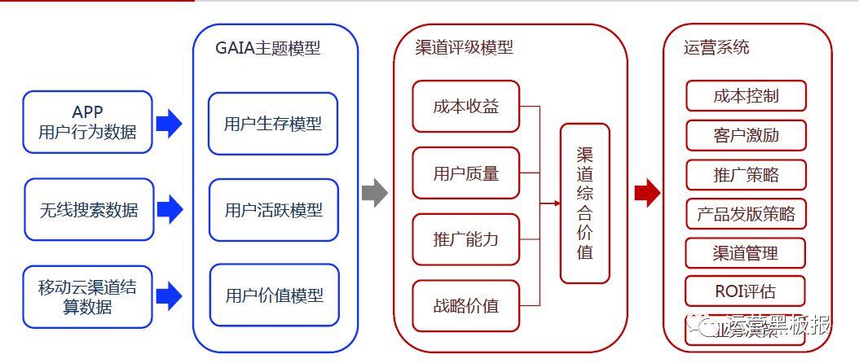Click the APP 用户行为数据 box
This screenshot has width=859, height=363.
[x=88, y=122]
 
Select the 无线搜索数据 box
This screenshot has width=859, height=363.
[x=88, y=210]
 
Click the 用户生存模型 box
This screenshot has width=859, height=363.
[x=273, y=124]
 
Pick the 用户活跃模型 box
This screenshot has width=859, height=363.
[x=273, y=210]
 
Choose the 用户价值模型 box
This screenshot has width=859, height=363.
[x=273, y=295]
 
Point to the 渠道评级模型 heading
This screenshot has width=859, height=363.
[x=464, y=47]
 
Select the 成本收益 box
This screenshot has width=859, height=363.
[x=465, y=106]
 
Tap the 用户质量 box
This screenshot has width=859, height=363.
[x=465, y=173]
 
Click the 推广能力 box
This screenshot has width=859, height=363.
[x=465, y=239]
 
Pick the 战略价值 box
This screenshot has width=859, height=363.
[x=465, y=306]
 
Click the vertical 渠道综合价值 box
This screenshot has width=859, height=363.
[x=584, y=203]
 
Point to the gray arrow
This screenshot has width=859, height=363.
[x=374, y=193]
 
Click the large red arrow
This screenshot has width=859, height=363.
[x=646, y=193]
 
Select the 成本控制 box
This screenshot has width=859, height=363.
[x=746, y=95]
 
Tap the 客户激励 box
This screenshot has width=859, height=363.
[x=746, y=134]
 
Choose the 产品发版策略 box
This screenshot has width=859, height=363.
[x=746, y=214]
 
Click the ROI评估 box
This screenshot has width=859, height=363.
[x=746, y=291]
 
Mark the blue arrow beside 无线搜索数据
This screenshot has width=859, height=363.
[x=169, y=210]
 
